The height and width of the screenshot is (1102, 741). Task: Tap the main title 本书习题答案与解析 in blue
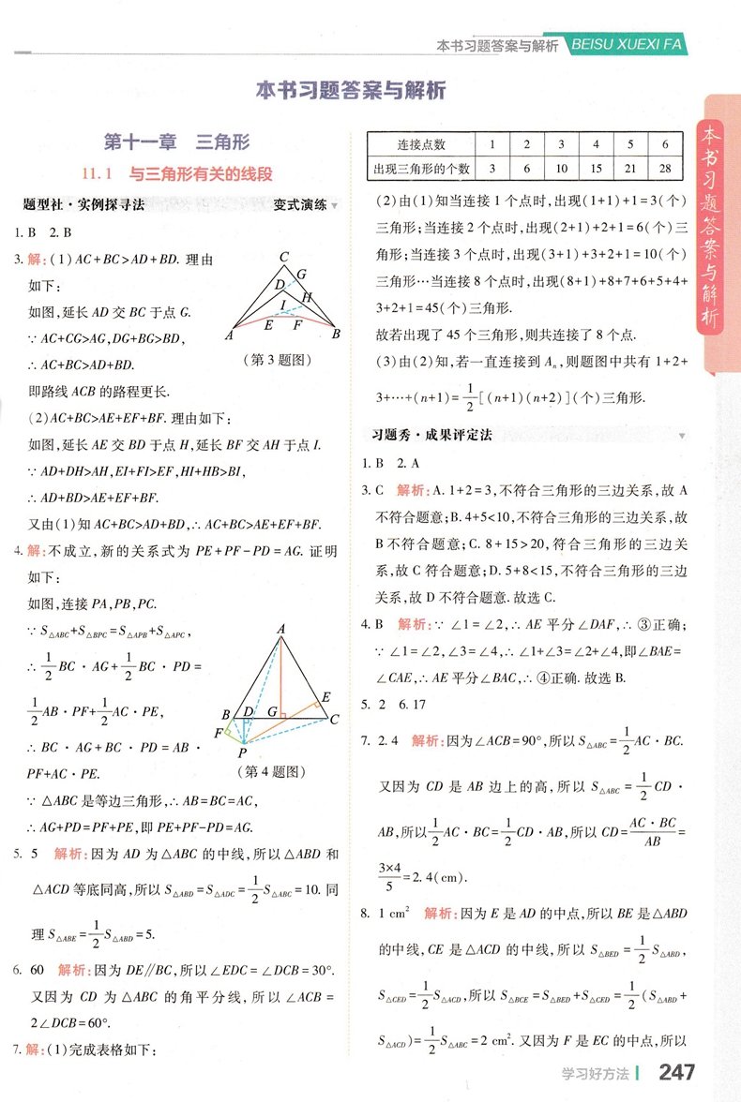click(x=350, y=91)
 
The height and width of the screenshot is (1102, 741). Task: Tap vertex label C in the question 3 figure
click(x=282, y=257)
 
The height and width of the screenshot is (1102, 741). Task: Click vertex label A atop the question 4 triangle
click(x=280, y=631)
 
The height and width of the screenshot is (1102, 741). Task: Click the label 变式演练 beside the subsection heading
click(x=300, y=204)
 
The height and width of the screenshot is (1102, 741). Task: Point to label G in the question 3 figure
click(x=301, y=275)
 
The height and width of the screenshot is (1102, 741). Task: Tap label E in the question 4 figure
click(x=325, y=696)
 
